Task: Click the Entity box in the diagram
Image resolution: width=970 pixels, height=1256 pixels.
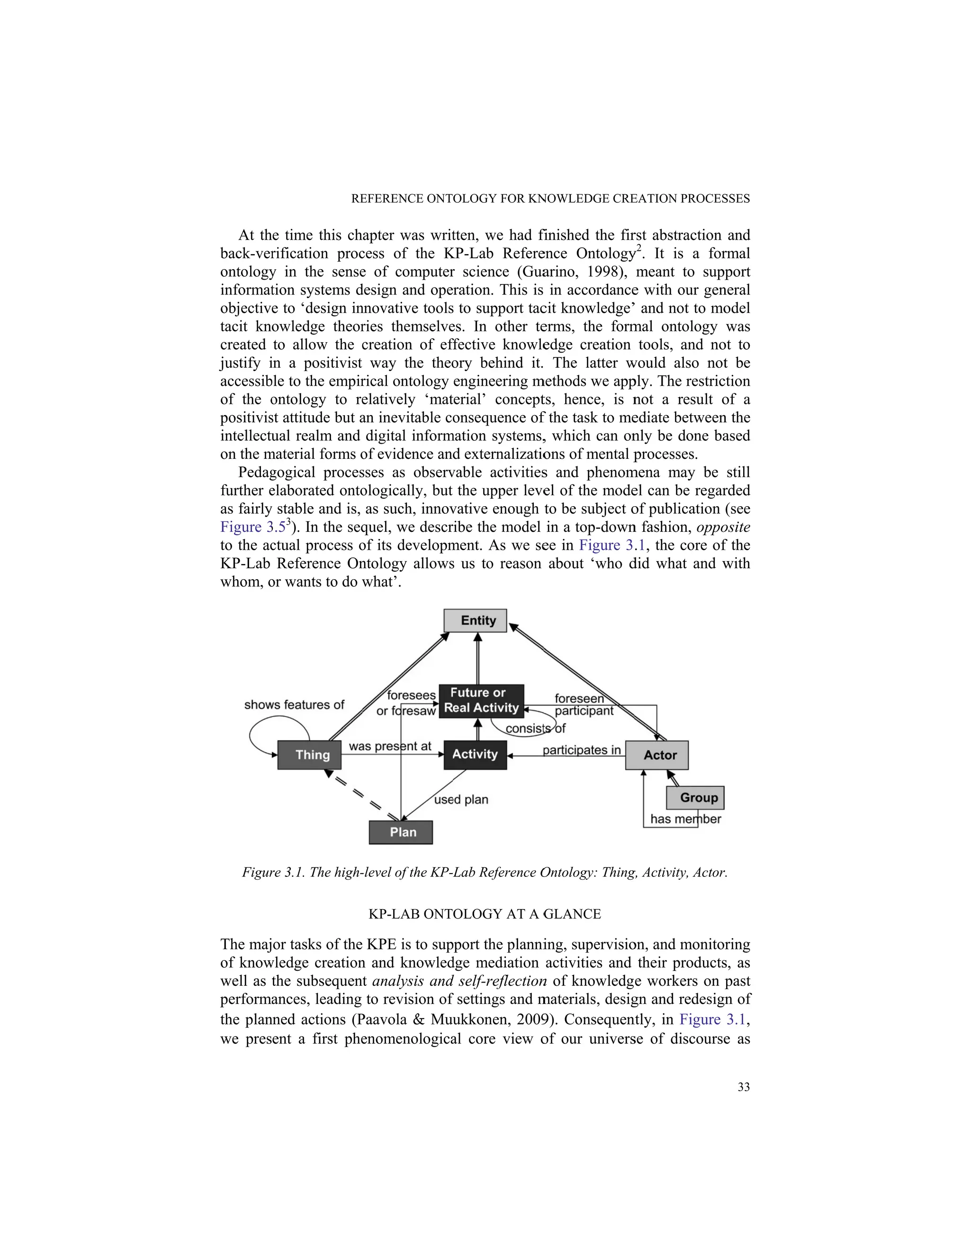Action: pyautogui.click(x=475, y=620)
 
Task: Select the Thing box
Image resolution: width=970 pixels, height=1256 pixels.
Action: pyautogui.click(x=309, y=755)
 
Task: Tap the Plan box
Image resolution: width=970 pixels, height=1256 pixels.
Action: pyautogui.click(x=401, y=832)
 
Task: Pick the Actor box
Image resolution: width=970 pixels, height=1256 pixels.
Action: pyautogui.click(x=656, y=755)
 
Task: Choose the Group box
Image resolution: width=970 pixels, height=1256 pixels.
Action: pyautogui.click(x=695, y=798)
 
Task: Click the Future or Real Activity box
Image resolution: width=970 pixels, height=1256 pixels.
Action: pyautogui.click(x=481, y=701)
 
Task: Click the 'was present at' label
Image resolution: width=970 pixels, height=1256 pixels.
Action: pyautogui.click(x=390, y=746)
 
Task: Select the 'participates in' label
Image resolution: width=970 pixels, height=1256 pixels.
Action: pyautogui.click(x=582, y=750)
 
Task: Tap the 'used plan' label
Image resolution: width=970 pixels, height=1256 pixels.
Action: pyautogui.click(x=461, y=800)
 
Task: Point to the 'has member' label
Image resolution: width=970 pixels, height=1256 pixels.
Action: pyautogui.click(x=685, y=819)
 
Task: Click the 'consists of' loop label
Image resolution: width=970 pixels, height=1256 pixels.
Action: pyautogui.click(x=536, y=728)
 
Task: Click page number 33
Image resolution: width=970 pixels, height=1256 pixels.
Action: pyautogui.click(x=744, y=1087)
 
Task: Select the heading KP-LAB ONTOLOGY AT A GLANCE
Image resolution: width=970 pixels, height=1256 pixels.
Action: pyautogui.click(x=485, y=914)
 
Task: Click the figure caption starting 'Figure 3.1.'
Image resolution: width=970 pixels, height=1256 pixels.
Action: pyautogui.click(x=485, y=873)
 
